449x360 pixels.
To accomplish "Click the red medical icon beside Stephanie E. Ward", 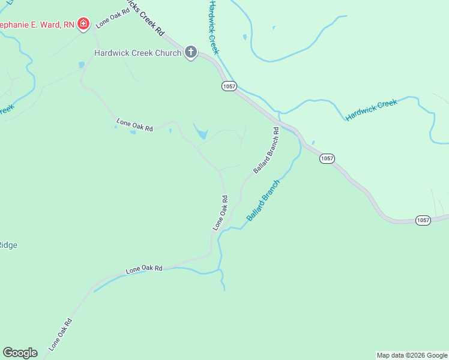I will click(x=83, y=25).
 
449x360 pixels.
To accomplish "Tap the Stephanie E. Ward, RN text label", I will click(x=37, y=25).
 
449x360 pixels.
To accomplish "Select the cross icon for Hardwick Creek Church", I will click(x=191, y=53).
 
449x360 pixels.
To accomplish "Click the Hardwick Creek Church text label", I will click(x=137, y=53).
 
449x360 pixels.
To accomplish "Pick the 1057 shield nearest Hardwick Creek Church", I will click(x=229, y=86).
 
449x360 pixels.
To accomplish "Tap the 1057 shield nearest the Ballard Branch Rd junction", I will click(x=327, y=158).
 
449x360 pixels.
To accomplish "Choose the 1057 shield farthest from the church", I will click(x=423, y=220).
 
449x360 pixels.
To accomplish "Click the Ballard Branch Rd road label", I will click(x=266, y=151).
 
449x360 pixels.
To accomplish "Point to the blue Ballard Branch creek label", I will click(x=263, y=200).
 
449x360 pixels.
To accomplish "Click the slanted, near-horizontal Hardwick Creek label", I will click(x=372, y=110).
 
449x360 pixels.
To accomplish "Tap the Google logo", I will click(x=20, y=353).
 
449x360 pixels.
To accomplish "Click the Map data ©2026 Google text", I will click(x=412, y=355).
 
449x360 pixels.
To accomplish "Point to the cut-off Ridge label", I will click(x=8, y=245).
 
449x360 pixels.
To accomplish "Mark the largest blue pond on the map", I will click(x=200, y=133).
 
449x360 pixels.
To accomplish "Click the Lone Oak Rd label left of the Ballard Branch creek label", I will click(x=220, y=213).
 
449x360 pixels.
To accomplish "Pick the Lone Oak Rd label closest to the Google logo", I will click(x=61, y=334).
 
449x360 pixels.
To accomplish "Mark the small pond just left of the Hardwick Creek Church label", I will click(x=82, y=65).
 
